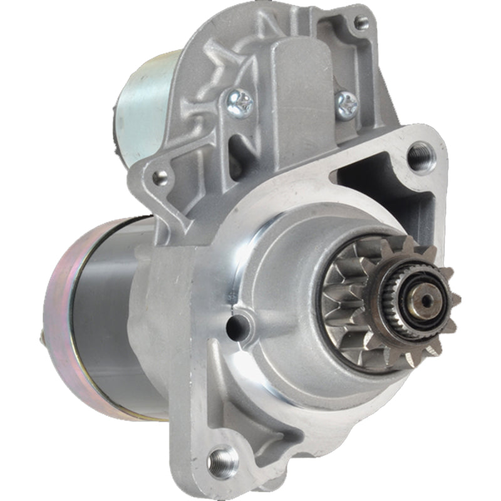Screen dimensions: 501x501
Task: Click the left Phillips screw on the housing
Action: pos(239,103)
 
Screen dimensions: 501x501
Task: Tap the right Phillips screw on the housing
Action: pos(346,103)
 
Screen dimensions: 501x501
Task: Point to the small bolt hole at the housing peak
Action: pos(361,24)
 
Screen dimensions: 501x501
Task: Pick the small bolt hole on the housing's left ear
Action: pos(160,177)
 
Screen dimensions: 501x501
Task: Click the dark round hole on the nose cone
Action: pos(236,323)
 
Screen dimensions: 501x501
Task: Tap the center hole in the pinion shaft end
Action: pos(426,301)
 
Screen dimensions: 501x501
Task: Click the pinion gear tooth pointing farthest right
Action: pos(456,299)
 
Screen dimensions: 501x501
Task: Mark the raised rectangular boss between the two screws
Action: pos(294,94)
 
